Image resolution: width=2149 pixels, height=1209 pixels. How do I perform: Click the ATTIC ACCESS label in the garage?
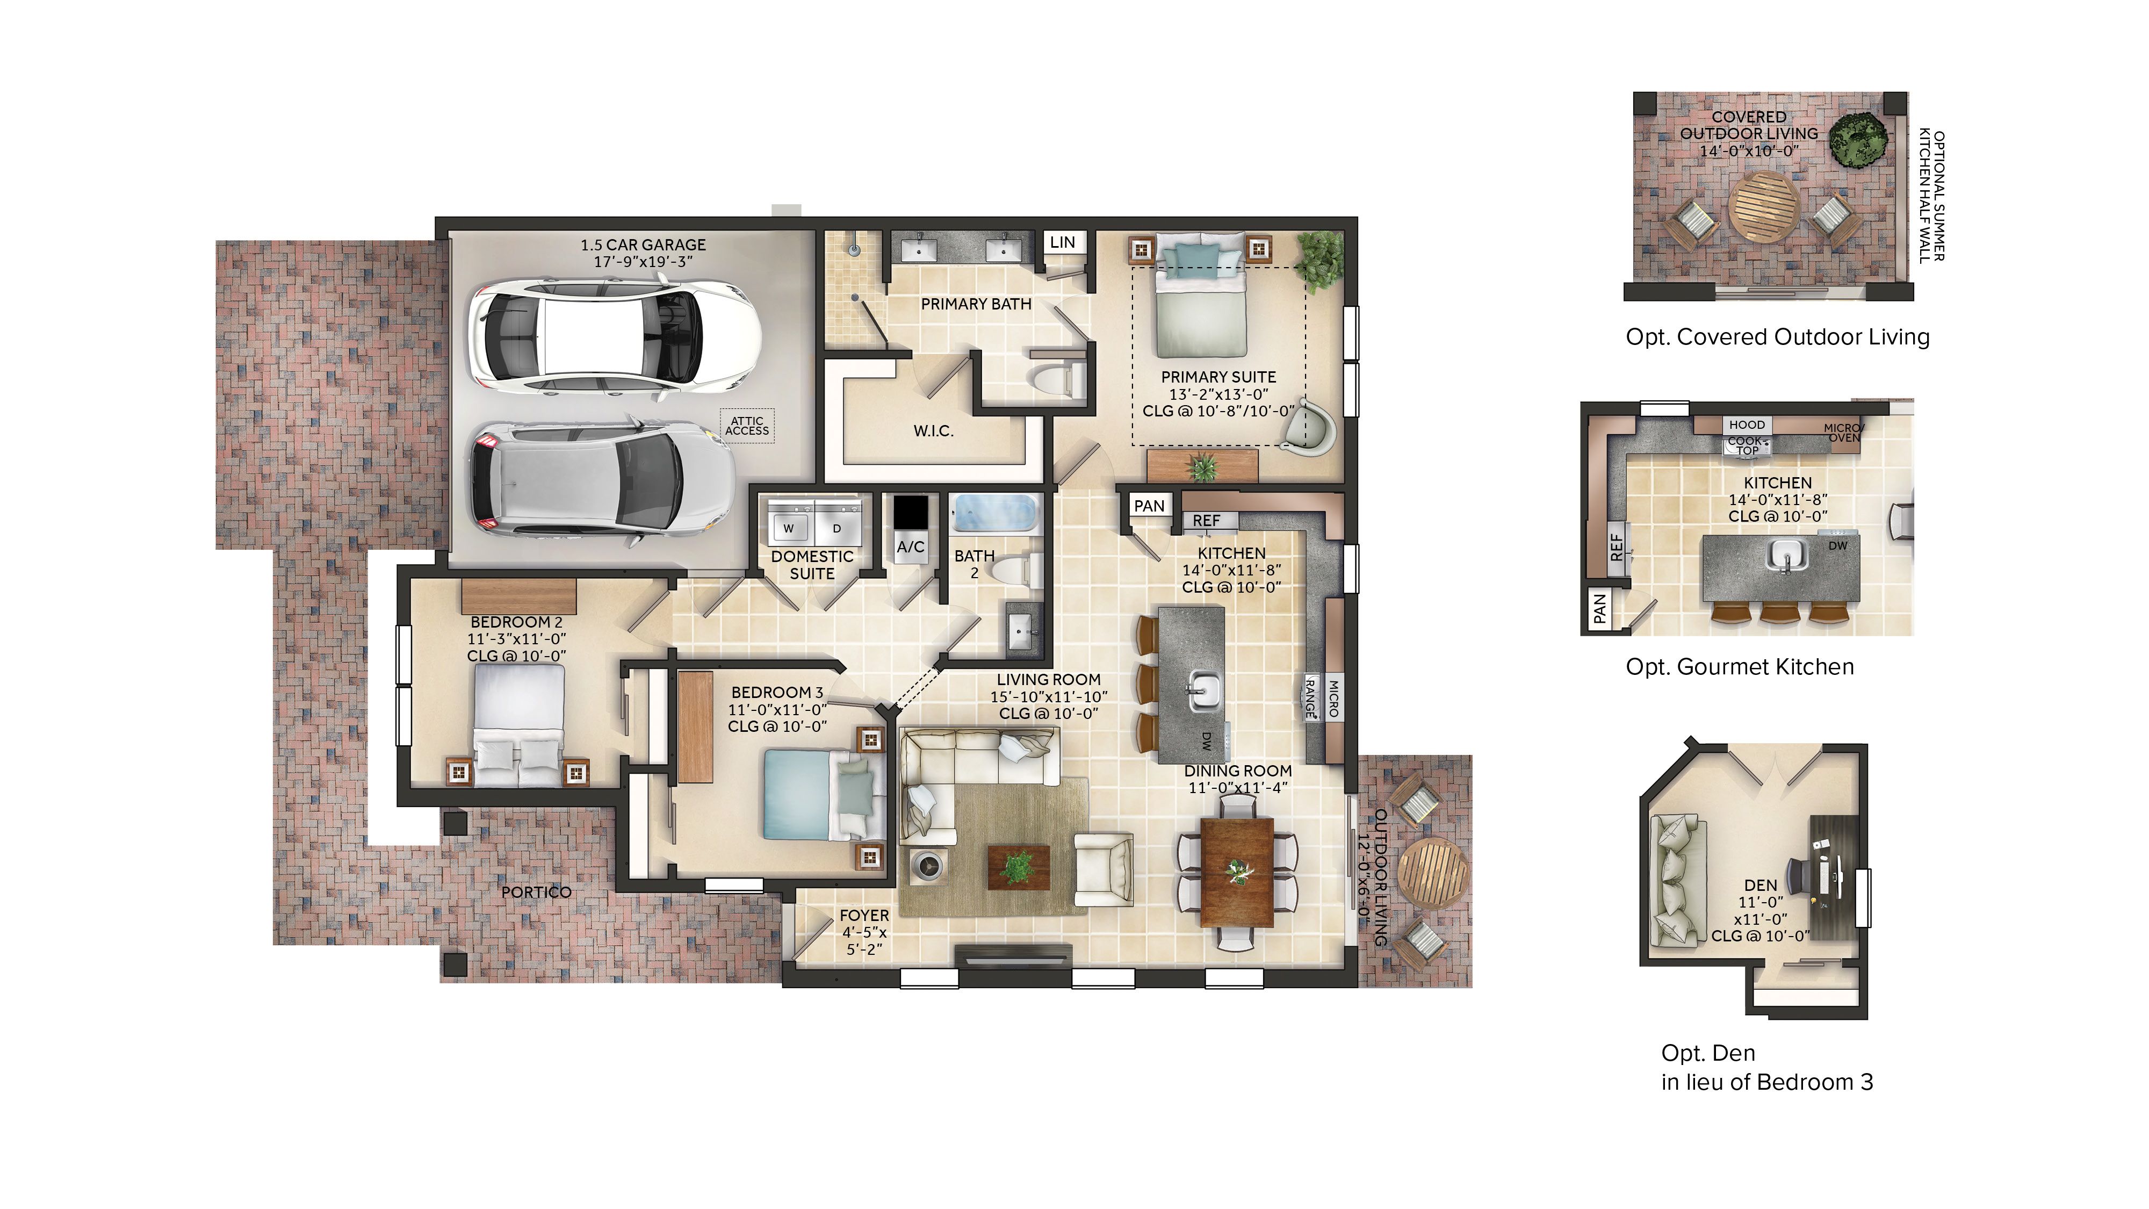[747, 426]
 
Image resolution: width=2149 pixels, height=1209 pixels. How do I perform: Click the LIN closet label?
[1062, 242]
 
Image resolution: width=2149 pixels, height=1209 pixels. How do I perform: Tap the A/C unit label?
[910, 546]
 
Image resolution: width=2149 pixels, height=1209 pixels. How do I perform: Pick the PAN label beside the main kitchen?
[1149, 506]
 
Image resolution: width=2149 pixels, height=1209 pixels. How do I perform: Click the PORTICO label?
[536, 892]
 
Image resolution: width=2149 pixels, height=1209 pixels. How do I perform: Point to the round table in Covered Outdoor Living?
[1764, 206]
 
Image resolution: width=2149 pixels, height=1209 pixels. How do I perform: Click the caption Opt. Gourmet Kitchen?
[1740, 667]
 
